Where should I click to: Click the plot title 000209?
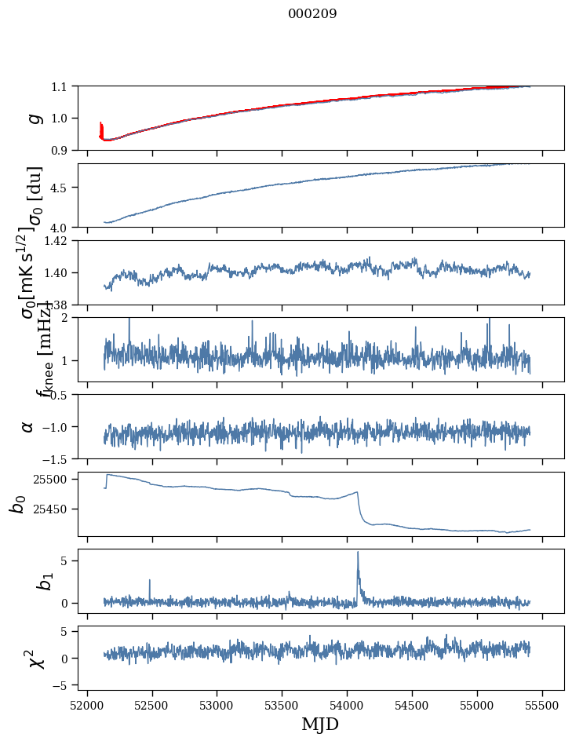pyautogui.click(x=312, y=14)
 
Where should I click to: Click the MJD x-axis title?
pyautogui.click(x=320, y=725)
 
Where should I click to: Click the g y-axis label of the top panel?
pyautogui.click(x=34, y=118)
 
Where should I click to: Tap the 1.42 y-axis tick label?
pyautogui.click(x=57, y=241)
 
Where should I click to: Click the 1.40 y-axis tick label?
pyautogui.click(x=57, y=273)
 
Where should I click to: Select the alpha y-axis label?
pyautogui.click(x=28, y=426)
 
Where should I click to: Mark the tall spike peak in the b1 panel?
pyautogui.click(x=358, y=552)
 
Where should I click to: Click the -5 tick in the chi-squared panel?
pyautogui.click(x=61, y=684)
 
